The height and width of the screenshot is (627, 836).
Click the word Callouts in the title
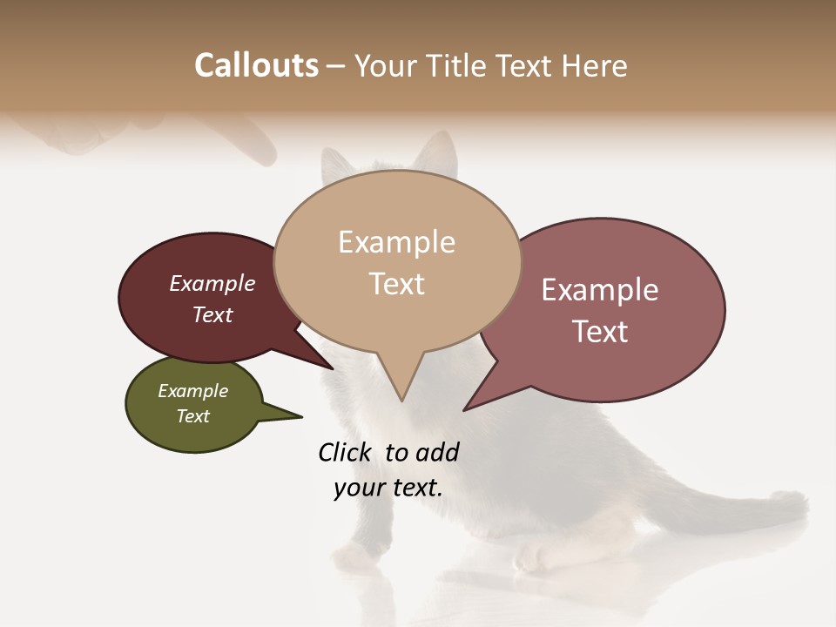[256, 65]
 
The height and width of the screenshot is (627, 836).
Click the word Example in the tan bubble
[396, 242]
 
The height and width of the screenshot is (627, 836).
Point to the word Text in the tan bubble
[396, 283]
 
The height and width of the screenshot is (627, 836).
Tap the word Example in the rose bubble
[600, 290]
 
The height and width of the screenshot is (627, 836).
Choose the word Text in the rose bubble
[600, 331]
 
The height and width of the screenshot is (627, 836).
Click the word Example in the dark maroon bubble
[212, 283]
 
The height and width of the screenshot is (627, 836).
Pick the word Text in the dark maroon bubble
[212, 314]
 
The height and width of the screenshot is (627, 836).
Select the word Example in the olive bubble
[193, 391]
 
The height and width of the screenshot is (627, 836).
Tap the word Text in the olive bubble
[193, 416]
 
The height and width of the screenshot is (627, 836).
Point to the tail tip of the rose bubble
[467, 408]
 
